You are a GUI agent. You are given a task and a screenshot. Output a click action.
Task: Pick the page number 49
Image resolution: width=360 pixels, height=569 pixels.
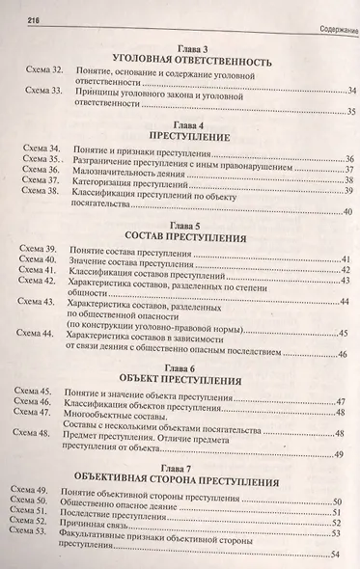[x=340, y=480]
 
